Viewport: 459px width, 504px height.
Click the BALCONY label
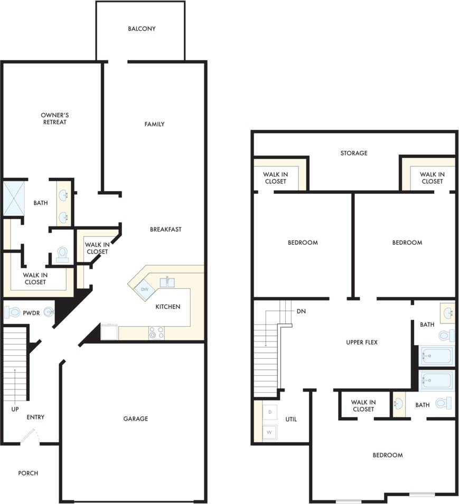click(x=142, y=28)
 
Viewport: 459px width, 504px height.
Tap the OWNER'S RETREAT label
click(x=55, y=119)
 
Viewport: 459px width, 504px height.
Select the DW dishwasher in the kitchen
click(x=144, y=289)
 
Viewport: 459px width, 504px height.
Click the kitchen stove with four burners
click(x=157, y=332)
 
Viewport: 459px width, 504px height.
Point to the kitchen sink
click(x=167, y=282)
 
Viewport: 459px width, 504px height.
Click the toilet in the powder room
click(x=12, y=312)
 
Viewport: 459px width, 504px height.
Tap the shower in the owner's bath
click(x=14, y=198)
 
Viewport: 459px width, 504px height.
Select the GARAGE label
click(x=136, y=419)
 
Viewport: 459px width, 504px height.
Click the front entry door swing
click(x=30, y=437)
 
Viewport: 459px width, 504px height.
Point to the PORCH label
click(x=28, y=473)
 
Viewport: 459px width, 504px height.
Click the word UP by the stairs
click(x=15, y=409)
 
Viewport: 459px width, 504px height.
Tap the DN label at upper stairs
click(x=301, y=311)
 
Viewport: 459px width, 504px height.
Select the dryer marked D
click(x=270, y=411)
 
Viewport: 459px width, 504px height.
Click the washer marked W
click(x=269, y=433)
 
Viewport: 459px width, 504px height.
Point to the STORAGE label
click(x=354, y=153)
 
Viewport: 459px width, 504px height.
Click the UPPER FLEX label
click(x=362, y=343)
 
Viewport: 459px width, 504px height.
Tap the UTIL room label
click(x=291, y=420)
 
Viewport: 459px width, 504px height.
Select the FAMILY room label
click(x=155, y=124)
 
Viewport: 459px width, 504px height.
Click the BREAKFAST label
click(x=166, y=229)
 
